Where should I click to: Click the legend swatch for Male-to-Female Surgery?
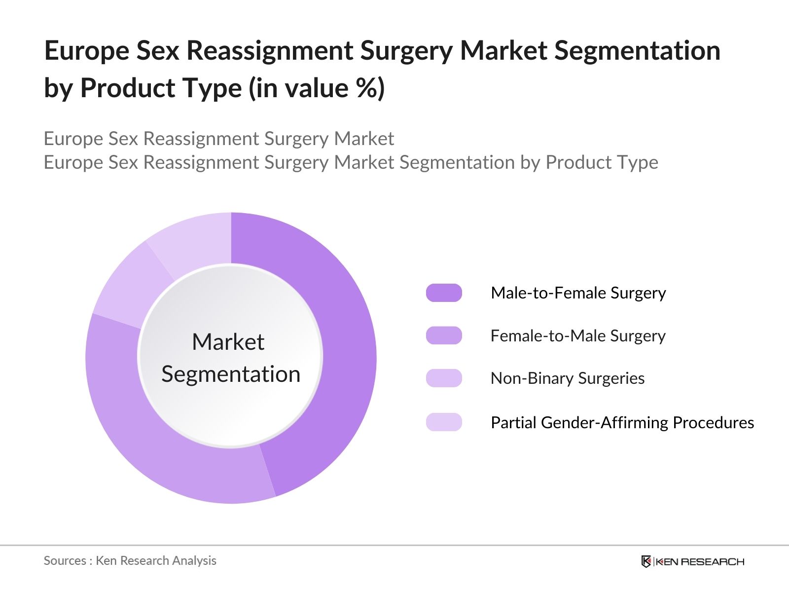pos(444,293)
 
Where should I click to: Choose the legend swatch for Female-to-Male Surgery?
pos(444,336)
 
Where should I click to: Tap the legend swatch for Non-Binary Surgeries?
pos(444,378)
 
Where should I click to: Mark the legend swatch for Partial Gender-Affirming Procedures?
pos(444,422)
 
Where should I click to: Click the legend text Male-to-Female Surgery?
pos(578,293)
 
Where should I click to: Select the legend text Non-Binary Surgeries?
pos(567,378)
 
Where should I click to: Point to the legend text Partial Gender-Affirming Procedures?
pos(622,423)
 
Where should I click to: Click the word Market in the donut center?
pos(228,342)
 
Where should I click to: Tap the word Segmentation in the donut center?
pos(231,374)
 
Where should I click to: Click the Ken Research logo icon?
pos(646,561)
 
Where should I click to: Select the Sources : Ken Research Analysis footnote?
pos(130,561)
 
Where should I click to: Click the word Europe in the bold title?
pos(86,51)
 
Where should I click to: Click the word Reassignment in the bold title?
pos(270,51)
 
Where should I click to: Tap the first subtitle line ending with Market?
pos(218,139)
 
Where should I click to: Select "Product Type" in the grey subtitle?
pos(602,162)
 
